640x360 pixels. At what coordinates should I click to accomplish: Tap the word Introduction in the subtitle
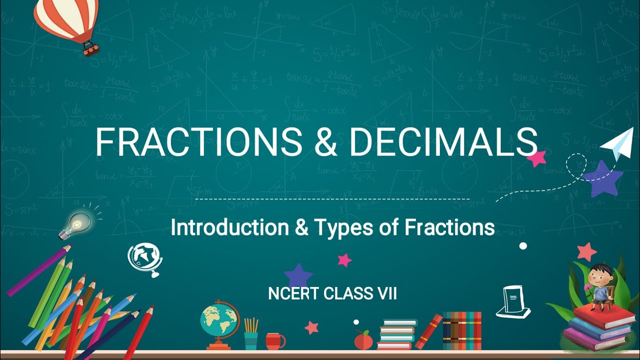tap(229, 227)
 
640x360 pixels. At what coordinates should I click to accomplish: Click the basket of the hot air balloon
tap(90, 48)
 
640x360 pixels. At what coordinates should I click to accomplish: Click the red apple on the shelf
tap(363, 340)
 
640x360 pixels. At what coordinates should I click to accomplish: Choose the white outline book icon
tap(513, 303)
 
